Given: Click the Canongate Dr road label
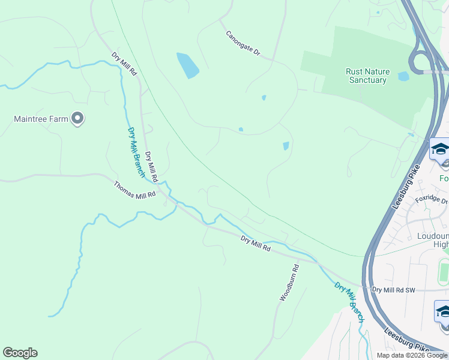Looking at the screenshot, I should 243,44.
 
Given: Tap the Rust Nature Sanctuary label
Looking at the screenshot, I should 367,76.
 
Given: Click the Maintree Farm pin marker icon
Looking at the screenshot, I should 77,119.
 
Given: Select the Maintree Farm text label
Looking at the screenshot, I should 41,119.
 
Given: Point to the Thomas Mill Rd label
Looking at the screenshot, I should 134,190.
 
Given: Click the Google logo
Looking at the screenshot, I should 20,353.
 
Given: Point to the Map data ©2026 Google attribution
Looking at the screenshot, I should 412,355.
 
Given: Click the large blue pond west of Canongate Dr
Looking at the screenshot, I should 188,65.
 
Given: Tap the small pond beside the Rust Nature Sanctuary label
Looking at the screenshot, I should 403,76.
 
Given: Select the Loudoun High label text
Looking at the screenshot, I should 433,240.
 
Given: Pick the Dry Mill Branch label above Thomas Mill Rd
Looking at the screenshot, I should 136,152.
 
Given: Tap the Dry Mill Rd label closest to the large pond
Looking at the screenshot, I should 124,64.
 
